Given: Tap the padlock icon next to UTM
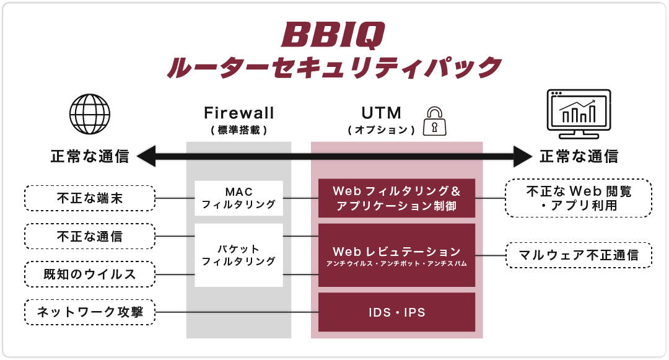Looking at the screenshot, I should [x=434, y=121].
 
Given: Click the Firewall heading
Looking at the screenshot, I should [x=238, y=113].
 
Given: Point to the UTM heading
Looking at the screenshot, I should [x=382, y=113].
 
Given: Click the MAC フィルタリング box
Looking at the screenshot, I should [x=238, y=198].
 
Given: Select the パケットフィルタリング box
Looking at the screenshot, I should [x=238, y=255].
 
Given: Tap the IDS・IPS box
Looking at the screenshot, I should [x=396, y=312].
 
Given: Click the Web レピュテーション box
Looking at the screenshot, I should [x=396, y=255].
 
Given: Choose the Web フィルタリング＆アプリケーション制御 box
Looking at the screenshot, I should [x=396, y=198].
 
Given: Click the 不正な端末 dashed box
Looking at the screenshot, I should [x=90, y=199].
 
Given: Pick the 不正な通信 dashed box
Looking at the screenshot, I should [x=90, y=236].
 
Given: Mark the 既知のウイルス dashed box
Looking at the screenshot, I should [x=90, y=274].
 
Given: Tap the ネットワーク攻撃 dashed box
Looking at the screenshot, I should [x=90, y=312].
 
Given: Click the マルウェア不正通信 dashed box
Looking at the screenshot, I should [x=579, y=255].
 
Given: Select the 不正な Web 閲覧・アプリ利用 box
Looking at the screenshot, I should [x=579, y=198].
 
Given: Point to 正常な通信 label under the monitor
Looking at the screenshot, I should [x=579, y=157].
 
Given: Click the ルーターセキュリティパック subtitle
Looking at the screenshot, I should [x=333, y=67].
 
